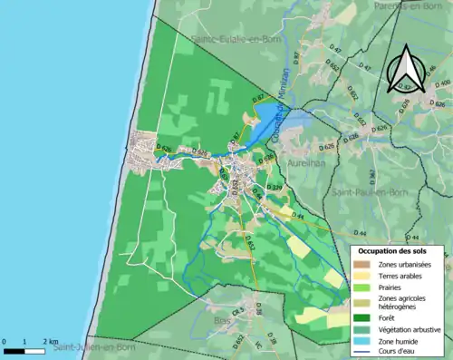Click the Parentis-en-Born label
point(412,5)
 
